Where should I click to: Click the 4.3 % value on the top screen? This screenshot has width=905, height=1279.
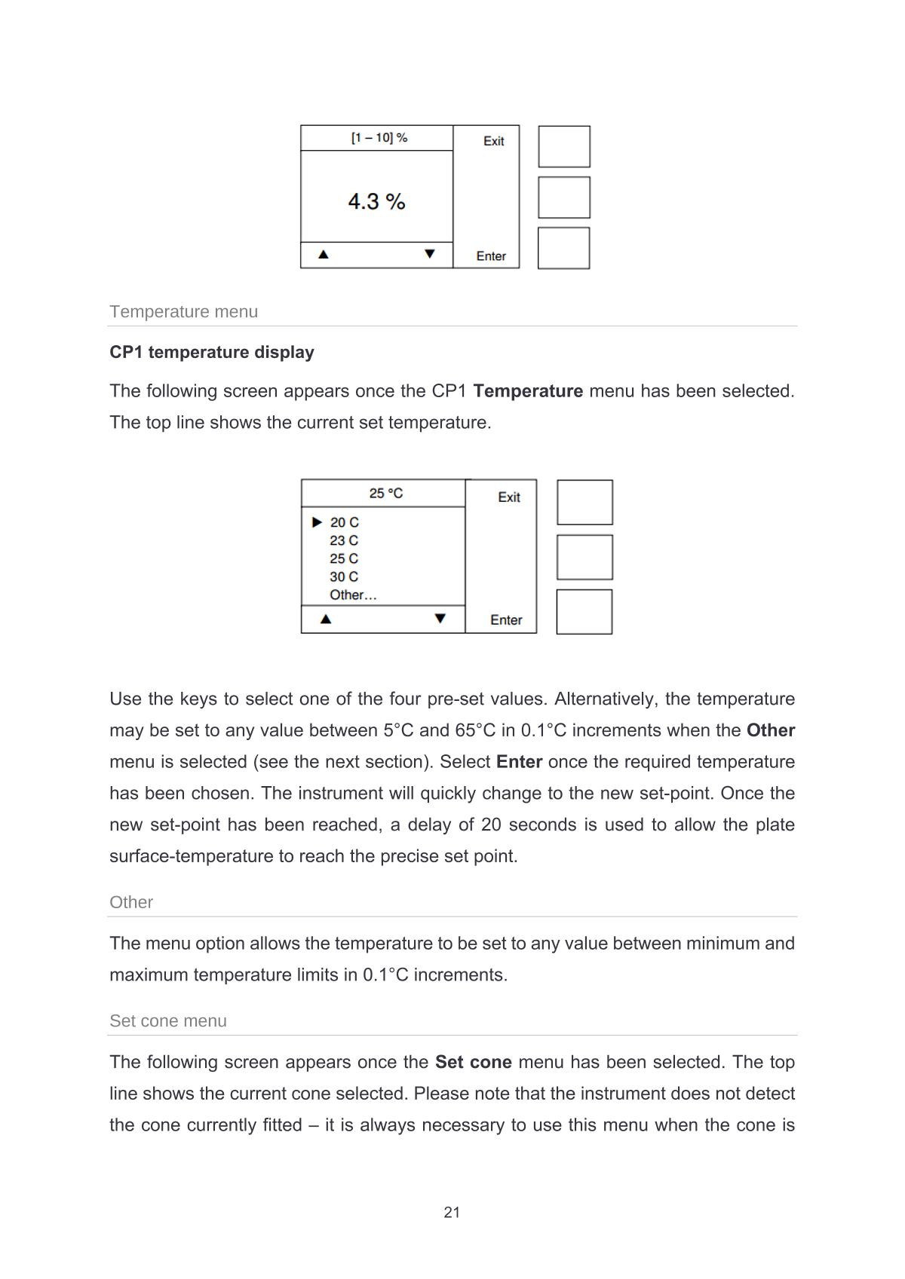coord(376,201)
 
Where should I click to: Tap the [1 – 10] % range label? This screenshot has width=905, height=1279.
coord(379,138)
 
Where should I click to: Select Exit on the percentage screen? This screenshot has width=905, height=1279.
coord(494,141)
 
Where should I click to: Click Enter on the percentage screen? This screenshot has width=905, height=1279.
coord(491,256)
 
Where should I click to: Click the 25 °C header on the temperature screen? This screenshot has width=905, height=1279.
coord(386,493)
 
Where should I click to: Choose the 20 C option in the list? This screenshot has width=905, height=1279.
coord(344,522)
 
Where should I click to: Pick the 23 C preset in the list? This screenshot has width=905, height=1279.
coord(344,540)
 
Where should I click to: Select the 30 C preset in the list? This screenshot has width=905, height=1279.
coord(344,577)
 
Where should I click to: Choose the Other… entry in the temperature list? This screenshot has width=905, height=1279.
coord(353,595)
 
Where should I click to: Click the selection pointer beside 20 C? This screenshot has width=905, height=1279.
coord(318,522)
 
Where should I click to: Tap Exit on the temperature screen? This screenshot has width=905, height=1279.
coord(509,497)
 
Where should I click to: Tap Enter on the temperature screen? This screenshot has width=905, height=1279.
coord(506,620)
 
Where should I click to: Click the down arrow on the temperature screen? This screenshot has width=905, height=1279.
coord(440,619)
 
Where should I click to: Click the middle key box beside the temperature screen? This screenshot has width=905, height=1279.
coord(584,557)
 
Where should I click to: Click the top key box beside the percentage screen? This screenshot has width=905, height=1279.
coord(564,146)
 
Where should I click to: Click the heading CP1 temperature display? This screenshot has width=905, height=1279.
coord(212,352)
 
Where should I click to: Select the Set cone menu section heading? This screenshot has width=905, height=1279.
coord(168,1020)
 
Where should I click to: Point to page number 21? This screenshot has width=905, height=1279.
coord(452,1212)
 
